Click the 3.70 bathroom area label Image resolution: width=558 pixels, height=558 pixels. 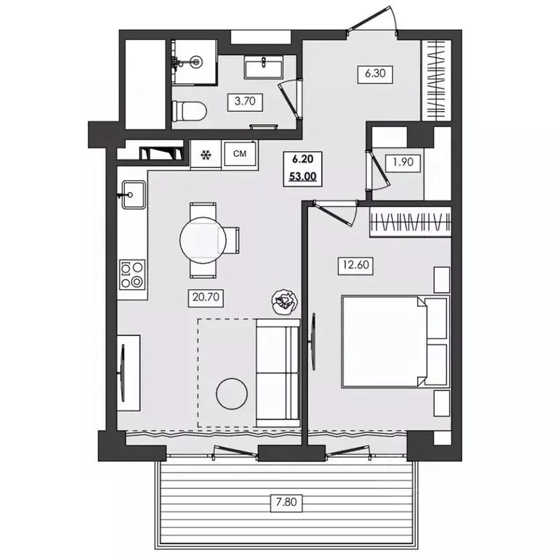(x=245, y=102)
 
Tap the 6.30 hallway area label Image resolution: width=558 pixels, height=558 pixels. (x=375, y=73)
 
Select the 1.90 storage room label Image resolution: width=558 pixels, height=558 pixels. (x=403, y=162)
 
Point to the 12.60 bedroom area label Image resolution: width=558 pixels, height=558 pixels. (x=355, y=265)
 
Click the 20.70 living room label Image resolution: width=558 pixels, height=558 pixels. (x=206, y=297)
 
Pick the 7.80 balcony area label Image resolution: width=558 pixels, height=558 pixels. (x=286, y=502)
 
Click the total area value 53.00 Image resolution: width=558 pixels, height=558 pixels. (x=302, y=177)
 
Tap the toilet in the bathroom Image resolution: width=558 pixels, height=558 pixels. (x=190, y=111)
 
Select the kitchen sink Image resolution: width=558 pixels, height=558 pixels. (x=134, y=194)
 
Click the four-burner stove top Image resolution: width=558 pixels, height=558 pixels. (x=132, y=275)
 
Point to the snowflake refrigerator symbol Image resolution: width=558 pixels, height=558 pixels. (x=206, y=155)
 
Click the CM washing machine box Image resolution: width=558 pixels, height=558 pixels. (x=240, y=154)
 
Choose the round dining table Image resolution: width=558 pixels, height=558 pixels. (x=203, y=240)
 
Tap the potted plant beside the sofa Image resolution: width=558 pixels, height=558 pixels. (x=284, y=302)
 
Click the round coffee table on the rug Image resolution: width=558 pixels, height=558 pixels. (x=232, y=394)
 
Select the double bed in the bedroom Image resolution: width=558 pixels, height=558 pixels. (x=395, y=341)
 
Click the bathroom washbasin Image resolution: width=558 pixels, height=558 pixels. (x=263, y=67)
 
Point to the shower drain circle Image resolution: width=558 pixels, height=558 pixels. (x=195, y=62)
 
